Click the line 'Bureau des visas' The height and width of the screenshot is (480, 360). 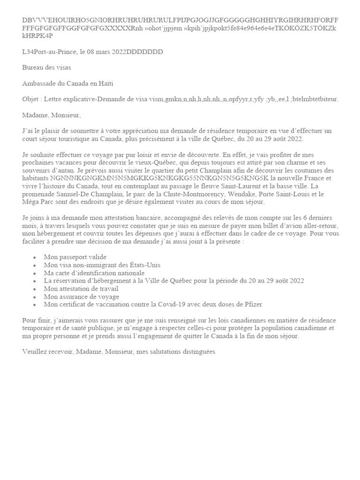pyautogui.click(x=46, y=67)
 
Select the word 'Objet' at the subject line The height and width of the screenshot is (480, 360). pyautogui.click(x=31, y=99)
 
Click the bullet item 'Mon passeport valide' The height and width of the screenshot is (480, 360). pyautogui.click(x=75, y=257)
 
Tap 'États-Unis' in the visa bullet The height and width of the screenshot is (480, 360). pyautogui.click(x=144, y=265)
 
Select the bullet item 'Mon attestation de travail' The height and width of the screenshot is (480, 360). pyautogui.click(x=81, y=289)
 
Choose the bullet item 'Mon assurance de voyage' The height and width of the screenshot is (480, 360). pyautogui.click(x=81, y=297)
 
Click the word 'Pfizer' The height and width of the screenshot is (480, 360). pyautogui.click(x=252, y=305)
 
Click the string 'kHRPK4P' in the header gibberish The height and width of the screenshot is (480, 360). pyautogui.click(x=37, y=36)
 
